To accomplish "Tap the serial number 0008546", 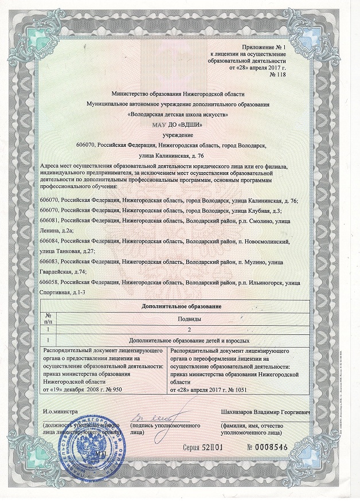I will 269,447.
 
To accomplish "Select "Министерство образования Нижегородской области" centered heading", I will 179,93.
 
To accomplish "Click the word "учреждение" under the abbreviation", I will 179,136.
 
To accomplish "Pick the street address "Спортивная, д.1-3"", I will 64,293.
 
